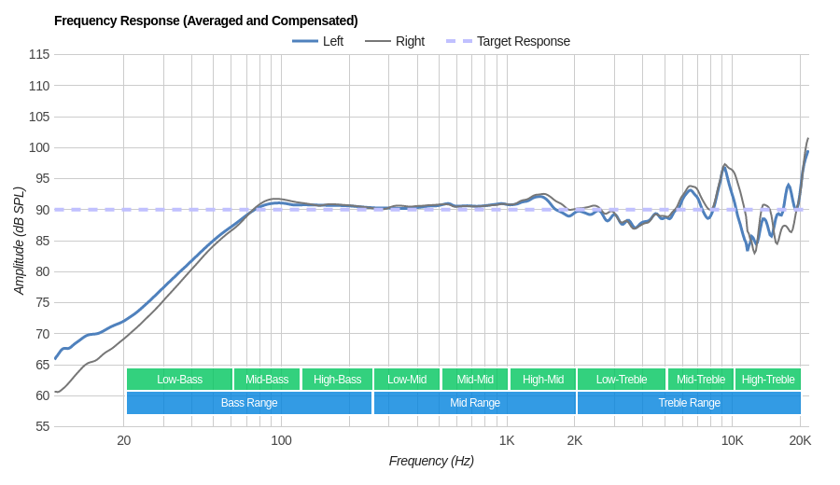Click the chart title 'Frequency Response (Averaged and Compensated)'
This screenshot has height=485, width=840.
[205, 21]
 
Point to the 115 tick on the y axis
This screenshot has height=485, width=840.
[39, 54]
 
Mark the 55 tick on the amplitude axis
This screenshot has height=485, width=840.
[43, 426]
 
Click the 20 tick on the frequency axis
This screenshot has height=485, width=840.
[123, 440]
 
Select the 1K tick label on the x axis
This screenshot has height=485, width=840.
[507, 440]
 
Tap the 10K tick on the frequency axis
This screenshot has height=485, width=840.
[732, 440]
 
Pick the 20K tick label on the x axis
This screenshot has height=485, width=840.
[800, 440]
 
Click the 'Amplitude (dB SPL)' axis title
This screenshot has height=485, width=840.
[19, 241]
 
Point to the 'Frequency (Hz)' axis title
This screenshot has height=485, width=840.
[431, 461]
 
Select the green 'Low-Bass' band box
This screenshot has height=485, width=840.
[179, 379]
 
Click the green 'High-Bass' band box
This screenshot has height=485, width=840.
[337, 379]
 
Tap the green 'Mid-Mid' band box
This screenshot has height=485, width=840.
[475, 379]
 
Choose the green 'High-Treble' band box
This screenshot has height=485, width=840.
[768, 379]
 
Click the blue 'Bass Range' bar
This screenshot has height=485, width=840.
[249, 403]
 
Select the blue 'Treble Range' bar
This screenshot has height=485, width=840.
[689, 403]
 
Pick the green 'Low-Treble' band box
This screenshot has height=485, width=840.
[622, 379]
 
